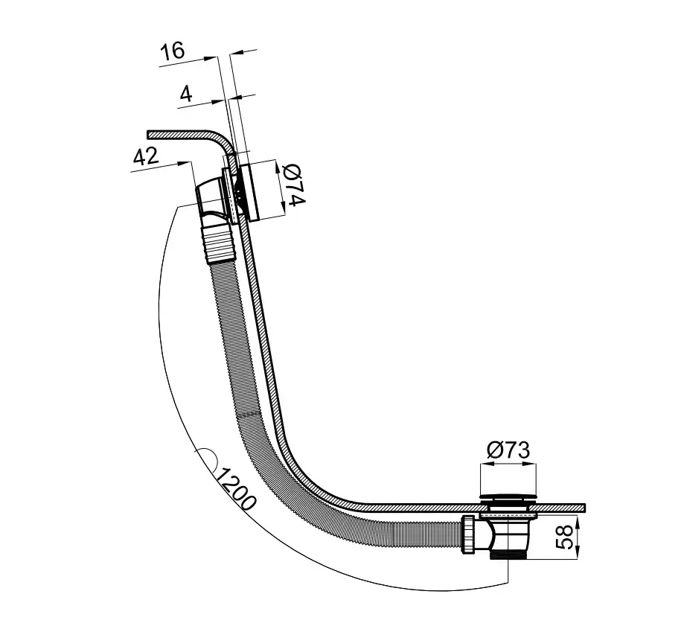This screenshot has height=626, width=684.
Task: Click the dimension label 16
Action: click(173, 51)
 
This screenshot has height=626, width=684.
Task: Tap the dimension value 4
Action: click(186, 93)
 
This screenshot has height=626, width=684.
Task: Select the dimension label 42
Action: click(146, 156)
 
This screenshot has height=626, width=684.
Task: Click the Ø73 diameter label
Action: click(508, 450)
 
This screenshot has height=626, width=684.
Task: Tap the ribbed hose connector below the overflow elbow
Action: click(220, 243)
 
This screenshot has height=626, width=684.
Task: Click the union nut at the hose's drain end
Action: click(468, 534)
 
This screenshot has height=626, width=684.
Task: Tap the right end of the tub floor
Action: click(584, 508)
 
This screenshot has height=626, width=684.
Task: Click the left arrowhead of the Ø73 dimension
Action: click(485, 464)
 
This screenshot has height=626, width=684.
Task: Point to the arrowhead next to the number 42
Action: click(186, 163)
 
